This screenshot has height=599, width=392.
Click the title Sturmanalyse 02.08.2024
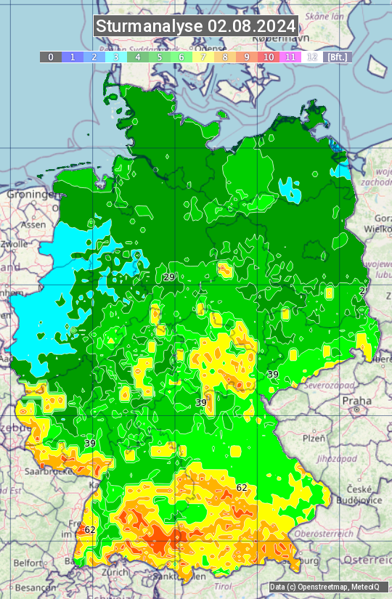click(x=196, y=26)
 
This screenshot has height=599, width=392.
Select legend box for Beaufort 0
click(x=50, y=57)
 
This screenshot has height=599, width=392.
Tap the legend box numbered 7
click(x=203, y=57)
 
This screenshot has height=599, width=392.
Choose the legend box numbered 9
click(x=247, y=57)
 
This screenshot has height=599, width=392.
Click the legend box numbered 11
click(x=290, y=57)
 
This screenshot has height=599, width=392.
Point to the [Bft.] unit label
click(x=337, y=57)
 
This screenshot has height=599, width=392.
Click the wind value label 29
click(x=169, y=277)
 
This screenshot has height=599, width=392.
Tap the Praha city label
click(x=356, y=400)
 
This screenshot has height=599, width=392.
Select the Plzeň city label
click(x=314, y=439)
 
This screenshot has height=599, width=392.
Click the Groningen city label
click(x=30, y=195)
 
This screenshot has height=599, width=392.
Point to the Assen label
click(x=33, y=225)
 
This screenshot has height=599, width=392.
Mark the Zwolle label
click(x=15, y=245)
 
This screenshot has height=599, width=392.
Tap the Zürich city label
click(x=115, y=571)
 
